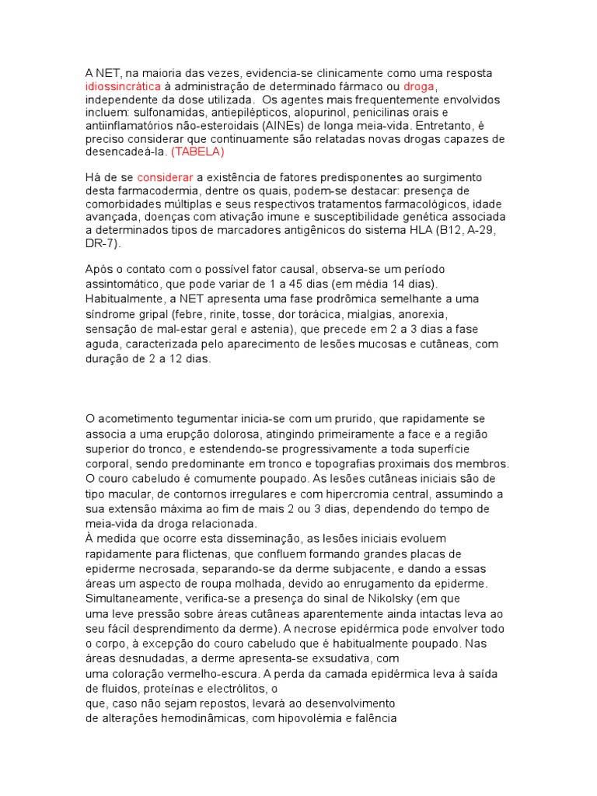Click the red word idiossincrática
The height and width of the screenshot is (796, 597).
click(124, 86)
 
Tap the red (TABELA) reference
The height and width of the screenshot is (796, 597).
click(197, 152)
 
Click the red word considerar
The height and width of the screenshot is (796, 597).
click(165, 177)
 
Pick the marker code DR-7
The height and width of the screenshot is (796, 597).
click(101, 243)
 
